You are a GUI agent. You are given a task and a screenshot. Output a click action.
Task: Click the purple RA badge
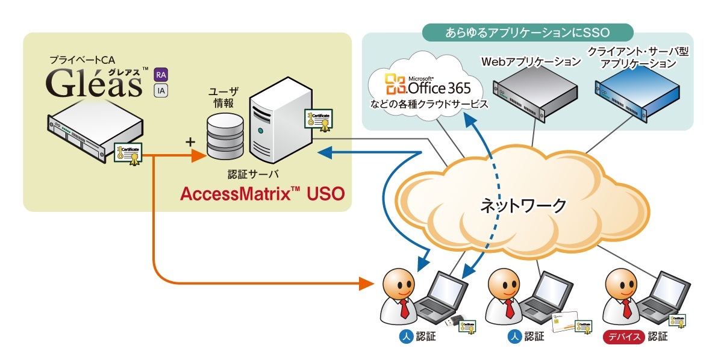click(161, 75)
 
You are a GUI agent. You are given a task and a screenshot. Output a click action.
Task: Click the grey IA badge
click(161, 90)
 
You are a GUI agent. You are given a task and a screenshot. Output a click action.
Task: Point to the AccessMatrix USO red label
click(263, 194)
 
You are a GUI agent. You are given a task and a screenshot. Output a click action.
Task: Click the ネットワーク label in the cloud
click(523, 206)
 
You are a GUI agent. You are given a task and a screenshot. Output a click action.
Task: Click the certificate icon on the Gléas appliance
click(129, 153)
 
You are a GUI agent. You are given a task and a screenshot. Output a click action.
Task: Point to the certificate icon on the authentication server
click(319, 120)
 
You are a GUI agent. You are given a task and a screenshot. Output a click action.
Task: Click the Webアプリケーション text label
click(531, 61)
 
